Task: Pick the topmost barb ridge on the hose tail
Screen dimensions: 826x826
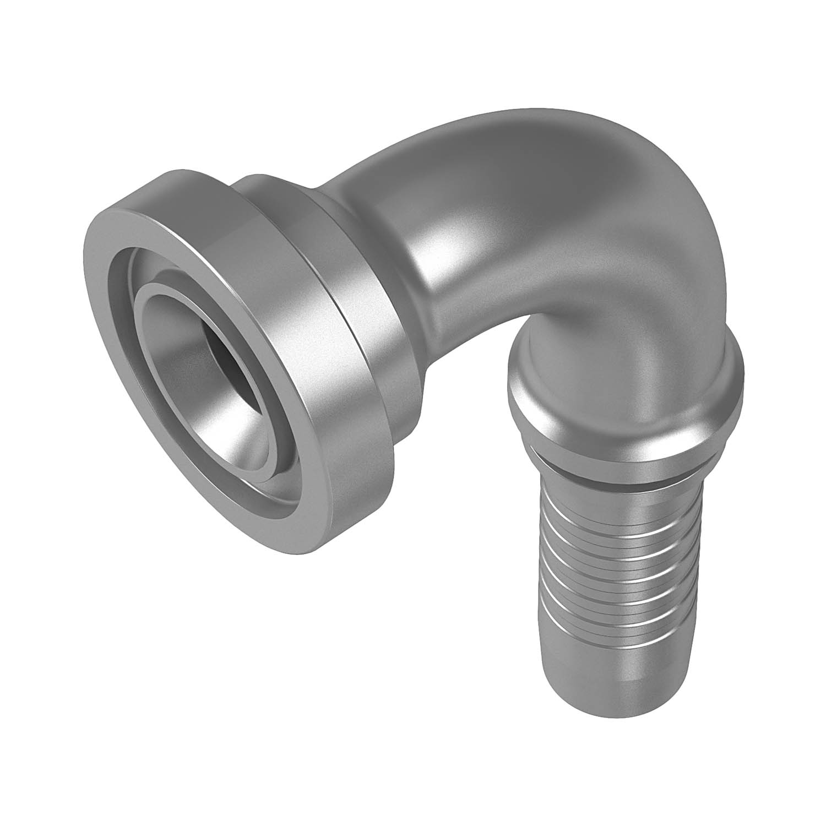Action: (617, 515)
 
